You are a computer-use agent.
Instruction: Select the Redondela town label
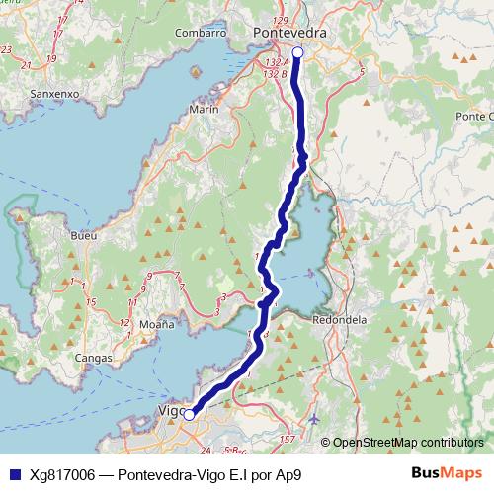340,319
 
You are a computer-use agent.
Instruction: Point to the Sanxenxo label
54,95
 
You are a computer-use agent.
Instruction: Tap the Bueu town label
84,237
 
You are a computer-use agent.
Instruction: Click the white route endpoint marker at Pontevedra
297,52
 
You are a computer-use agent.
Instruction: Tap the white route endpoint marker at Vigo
189,415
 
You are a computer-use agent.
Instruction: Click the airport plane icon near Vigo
314,419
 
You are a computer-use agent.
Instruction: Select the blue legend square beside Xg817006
14,474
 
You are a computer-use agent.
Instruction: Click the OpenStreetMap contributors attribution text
408,442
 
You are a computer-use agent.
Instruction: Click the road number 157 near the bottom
288,437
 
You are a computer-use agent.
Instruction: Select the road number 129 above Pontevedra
280,20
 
